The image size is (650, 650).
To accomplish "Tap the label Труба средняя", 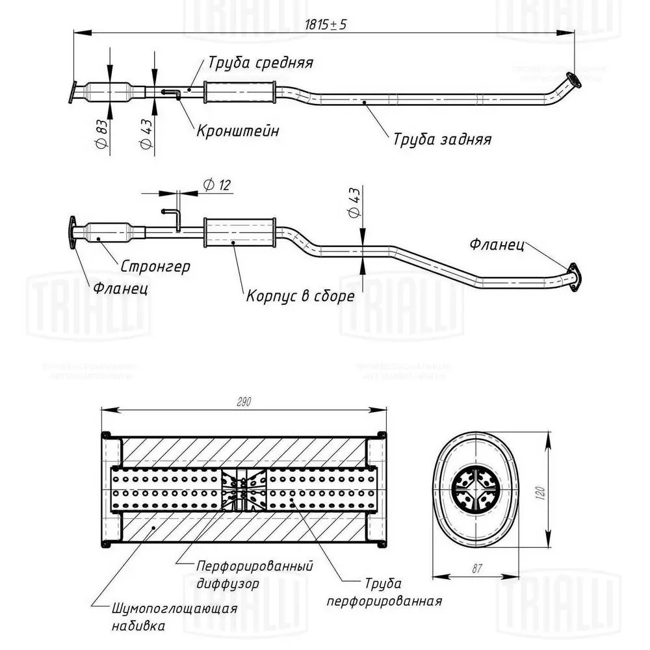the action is [260, 63].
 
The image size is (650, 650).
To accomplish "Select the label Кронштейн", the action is [238, 131].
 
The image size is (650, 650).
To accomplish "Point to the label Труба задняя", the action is [441, 139].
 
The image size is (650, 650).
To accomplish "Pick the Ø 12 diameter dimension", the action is [216, 185].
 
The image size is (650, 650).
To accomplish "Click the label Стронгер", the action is [155, 266].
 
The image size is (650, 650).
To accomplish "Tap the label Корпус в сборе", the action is [300, 296].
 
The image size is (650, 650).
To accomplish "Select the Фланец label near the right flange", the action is [498, 245].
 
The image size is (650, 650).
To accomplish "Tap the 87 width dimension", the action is [476, 569].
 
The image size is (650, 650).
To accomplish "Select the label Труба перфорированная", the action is [384, 592].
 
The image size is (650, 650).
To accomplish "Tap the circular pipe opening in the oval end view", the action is [474, 489].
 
